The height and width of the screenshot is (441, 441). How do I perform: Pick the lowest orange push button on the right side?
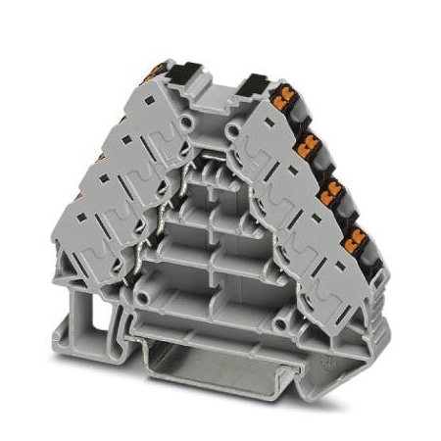click(x=359, y=234)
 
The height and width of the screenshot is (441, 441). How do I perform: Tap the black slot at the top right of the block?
click(x=257, y=81)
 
